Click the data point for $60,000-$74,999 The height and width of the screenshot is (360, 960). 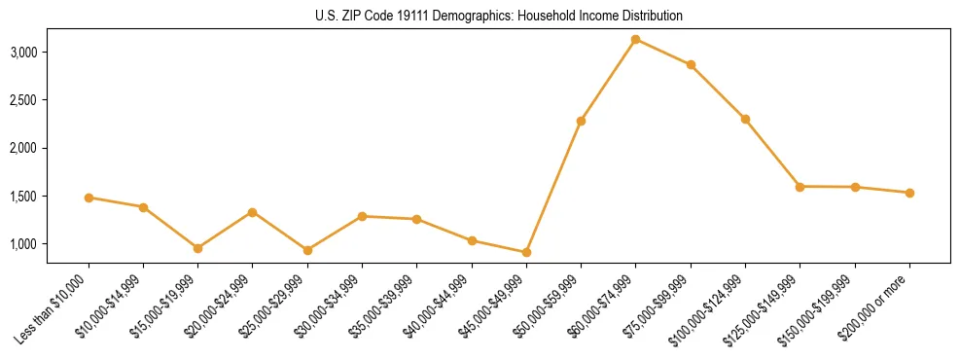click(x=635, y=40)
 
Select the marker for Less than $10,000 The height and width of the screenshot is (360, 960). click(x=89, y=198)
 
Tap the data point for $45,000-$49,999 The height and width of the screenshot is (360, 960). click(x=526, y=253)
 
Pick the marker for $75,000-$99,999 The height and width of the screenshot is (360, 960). click(x=691, y=65)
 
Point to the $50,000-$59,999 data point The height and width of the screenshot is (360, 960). click(x=581, y=121)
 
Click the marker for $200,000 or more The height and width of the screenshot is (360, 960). click(x=909, y=193)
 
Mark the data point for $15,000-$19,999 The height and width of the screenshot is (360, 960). click(x=197, y=248)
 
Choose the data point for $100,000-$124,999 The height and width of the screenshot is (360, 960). click(x=745, y=119)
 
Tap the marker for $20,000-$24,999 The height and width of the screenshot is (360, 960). click(x=252, y=212)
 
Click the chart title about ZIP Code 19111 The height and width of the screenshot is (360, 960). click(x=480, y=16)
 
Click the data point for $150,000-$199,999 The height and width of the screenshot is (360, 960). click(x=855, y=187)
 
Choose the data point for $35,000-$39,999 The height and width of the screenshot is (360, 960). click(x=416, y=219)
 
